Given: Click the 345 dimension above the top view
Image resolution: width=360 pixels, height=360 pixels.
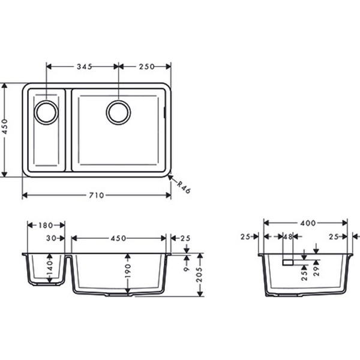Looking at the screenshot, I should point(83,67).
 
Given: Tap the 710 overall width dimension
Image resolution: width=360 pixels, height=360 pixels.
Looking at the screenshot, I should point(97,195).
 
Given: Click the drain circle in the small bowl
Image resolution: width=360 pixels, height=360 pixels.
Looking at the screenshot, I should point(46,112).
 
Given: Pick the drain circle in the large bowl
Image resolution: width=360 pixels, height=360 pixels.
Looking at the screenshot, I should point(118,112).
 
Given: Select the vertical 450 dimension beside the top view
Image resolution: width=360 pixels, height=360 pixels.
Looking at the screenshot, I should point(5,130).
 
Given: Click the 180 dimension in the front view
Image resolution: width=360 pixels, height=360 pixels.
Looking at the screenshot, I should point(46,225).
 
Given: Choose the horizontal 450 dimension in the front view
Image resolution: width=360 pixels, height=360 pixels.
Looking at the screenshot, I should point(118,238).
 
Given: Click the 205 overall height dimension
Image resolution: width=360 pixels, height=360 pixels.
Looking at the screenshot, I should point(200,274).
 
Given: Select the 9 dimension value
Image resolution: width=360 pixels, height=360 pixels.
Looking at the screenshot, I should point(186,261).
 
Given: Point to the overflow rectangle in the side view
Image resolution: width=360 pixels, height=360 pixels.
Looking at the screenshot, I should point(287,262).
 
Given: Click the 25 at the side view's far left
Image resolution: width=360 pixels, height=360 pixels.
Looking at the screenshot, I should point(245,237).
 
